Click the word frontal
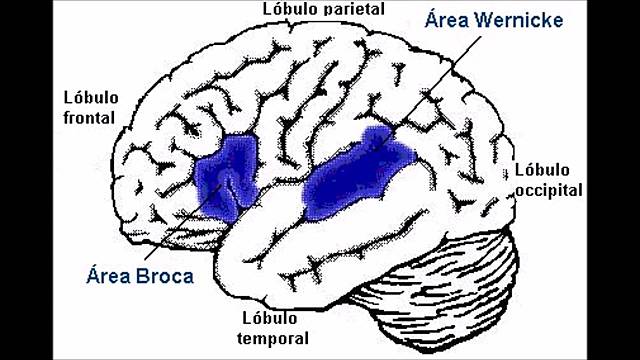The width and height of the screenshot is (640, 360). [88, 117]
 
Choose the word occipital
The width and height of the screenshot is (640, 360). [549, 188]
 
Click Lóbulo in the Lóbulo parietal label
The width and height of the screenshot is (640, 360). [289, 8]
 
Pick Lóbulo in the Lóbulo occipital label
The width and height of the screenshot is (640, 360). [541, 168]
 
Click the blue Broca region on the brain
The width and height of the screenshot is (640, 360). [225, 177]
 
